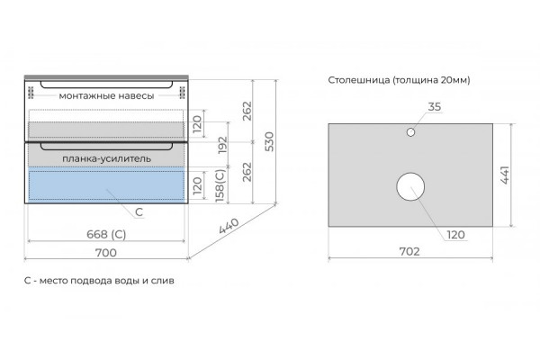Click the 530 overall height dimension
(x=270, y=141)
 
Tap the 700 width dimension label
(x=105, y=253)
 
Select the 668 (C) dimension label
(x=106, y=235)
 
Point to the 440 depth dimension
(x=229, y=226)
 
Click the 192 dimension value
(x=223, y=145)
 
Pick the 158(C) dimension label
(x=220, y=185)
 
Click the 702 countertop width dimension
(x=409, y=251)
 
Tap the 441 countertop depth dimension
(x=505, y=175)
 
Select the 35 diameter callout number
(x=435, y=107)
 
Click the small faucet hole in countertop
(x=410, y=132)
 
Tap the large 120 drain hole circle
(x=410, y=173)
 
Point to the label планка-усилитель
(x=107, y=158)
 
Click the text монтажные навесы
(x=106, y=95)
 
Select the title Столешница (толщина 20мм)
(x=399, y=80)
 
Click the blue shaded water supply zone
(x=106, y=184)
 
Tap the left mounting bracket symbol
(x=31, y=93)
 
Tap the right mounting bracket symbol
(x=182, y=93)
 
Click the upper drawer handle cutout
(x=106, y=88)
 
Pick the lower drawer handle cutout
(x=106, y=150)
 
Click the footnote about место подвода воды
(x=99, y=281)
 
